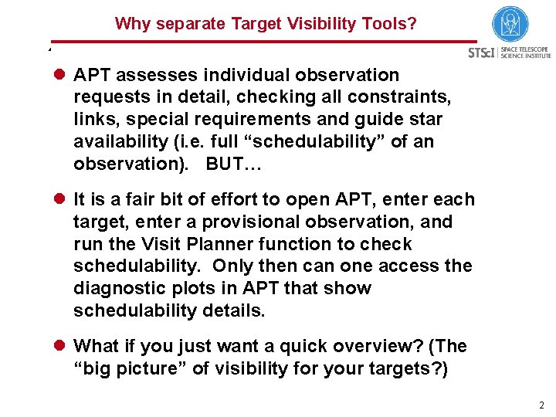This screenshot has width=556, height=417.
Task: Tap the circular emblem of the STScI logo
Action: [510, 24]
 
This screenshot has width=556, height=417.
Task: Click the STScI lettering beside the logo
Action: [482, 53]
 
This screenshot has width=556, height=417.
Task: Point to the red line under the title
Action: [263, 42]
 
